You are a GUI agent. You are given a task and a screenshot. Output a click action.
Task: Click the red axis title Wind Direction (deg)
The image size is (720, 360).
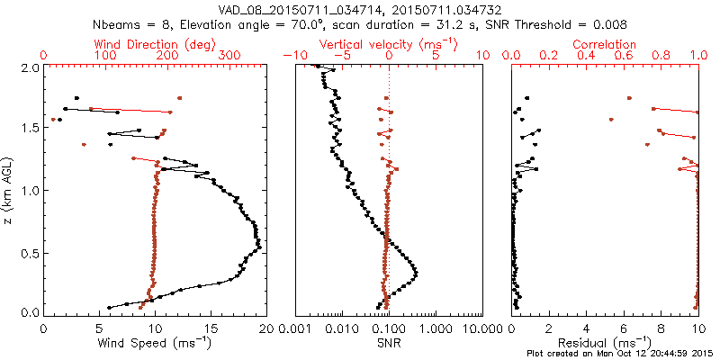pos(155,44)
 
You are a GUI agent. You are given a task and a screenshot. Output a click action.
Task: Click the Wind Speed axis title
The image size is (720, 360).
pos(155,343)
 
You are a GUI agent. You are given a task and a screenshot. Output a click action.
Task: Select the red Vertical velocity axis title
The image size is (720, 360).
pos(388,44)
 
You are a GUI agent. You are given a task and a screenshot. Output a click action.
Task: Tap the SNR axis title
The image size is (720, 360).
pos(389,343)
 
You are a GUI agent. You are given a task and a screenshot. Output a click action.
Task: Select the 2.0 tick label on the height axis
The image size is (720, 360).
pos(30,67)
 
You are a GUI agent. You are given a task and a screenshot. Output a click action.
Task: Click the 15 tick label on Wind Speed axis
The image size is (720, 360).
pos(210,328)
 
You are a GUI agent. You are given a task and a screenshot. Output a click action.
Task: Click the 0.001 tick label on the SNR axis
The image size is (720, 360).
pos(295,328)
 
